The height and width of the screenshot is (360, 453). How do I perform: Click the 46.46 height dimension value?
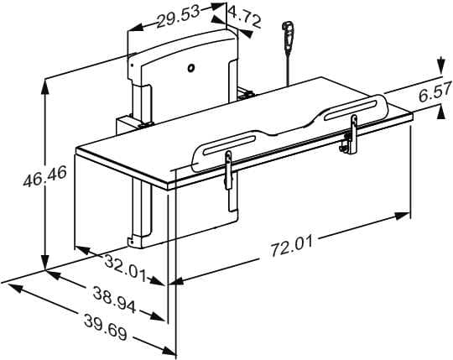(x=44, y=175)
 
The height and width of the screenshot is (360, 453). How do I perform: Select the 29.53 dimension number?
(x=178, y=17)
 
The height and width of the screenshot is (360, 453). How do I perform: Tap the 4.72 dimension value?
(x=244, y=17)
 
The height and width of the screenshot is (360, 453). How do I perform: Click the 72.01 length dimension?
(x=292, y=246)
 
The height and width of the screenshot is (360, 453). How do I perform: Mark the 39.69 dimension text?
(x=106, y=327)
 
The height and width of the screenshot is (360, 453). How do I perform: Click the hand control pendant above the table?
(x=289, y=34)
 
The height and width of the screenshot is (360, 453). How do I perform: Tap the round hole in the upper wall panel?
(x=190, y=68)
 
